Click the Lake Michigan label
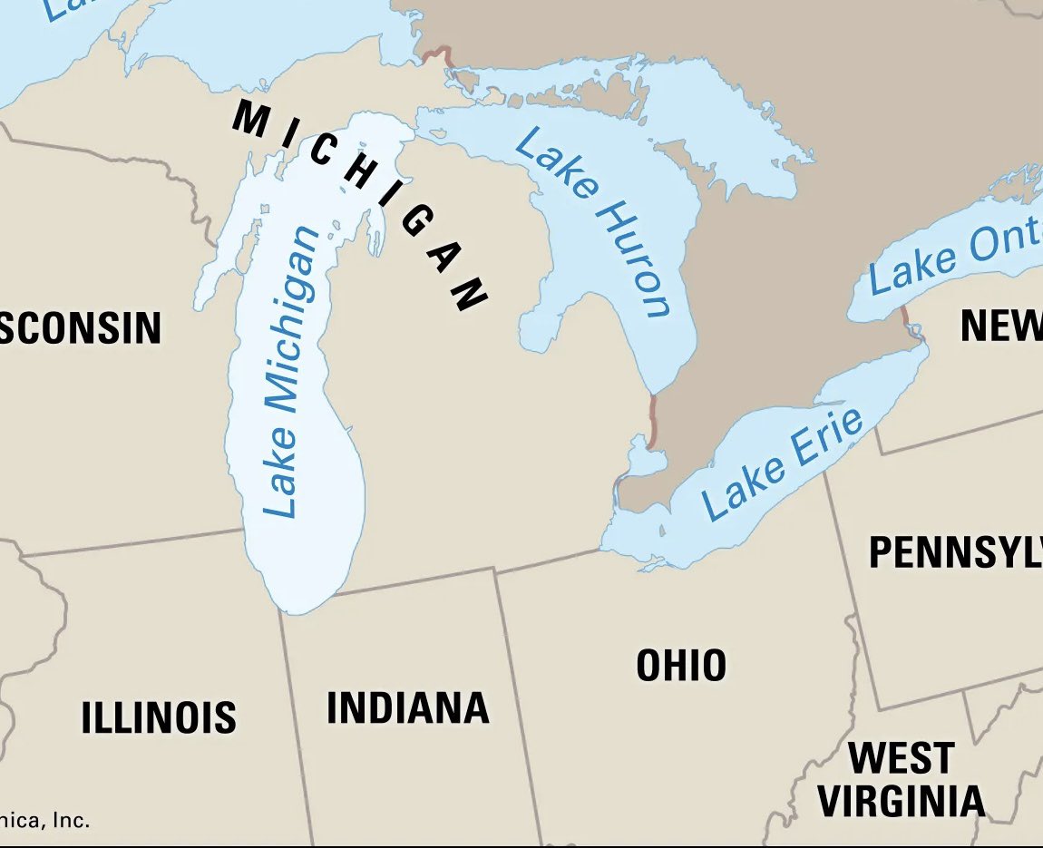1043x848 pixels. (292, 372)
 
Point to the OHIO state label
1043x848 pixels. (681, 665)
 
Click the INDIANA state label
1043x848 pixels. (407, 707)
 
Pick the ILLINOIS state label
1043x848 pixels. (159, 717)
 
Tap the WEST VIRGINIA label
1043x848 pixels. (901, 779)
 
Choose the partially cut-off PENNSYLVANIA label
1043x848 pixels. (955, 552)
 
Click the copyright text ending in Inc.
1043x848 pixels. (45, 821)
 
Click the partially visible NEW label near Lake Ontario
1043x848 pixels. (1001, 326)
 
